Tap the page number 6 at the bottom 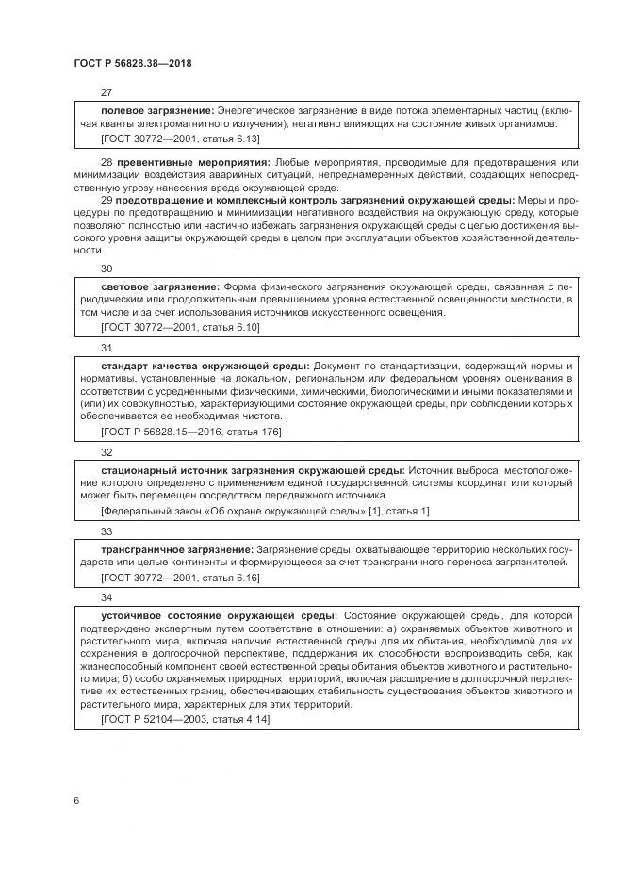(76, 800)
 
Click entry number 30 (107, 269)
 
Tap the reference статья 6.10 (228, 326)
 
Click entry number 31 (107, 348)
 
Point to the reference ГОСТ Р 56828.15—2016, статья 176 (190, 431)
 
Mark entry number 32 (107, 452)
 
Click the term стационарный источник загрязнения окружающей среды (253, 469)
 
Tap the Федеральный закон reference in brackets (264, 510)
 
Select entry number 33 (107, 531)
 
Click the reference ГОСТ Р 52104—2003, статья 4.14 (184, 718)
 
